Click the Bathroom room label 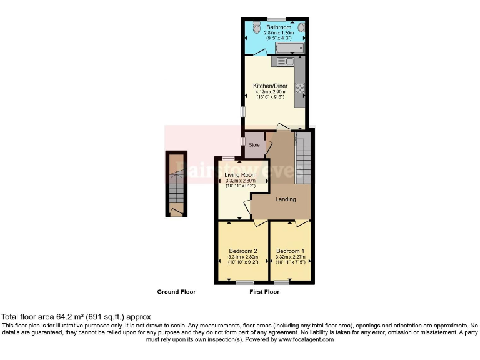pos(278,27)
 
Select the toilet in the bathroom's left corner pos(256,27)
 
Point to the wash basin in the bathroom pos(301,27)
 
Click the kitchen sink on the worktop pos(278,61)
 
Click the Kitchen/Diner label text pos(270,85)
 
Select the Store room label pos(254,145)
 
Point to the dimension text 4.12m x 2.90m pos(270,91)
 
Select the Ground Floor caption pos(176,292)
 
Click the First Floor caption pos(264,292)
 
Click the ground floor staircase pos(176,184)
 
